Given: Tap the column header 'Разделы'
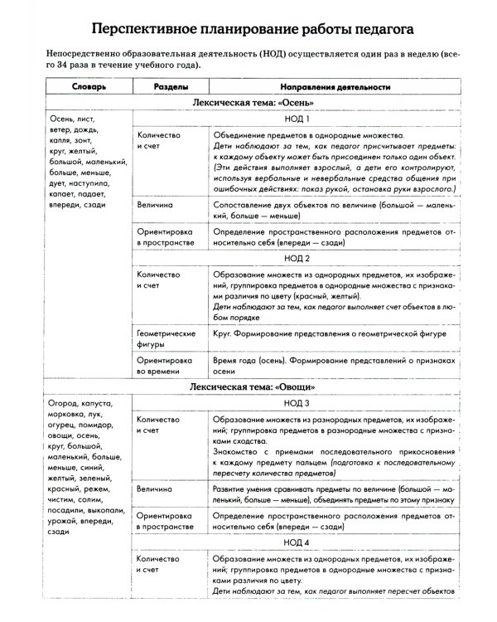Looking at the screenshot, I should point(170,86).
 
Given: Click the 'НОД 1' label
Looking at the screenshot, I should point(296,119).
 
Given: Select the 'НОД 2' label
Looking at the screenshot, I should point(296,257).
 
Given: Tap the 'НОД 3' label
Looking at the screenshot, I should point(296,404).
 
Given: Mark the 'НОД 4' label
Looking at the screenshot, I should point(296,542).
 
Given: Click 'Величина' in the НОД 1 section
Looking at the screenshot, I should point(155,202).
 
